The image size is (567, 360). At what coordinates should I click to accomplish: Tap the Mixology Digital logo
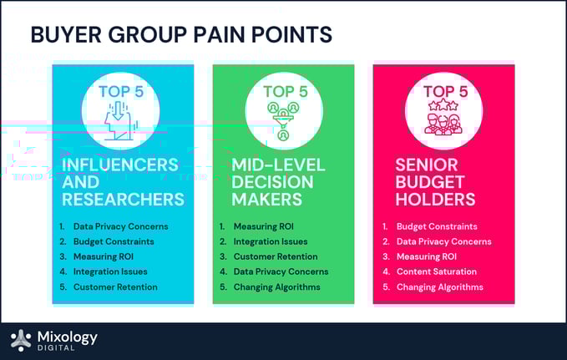(54, 340)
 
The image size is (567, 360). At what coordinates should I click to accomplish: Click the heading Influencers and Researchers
(122, 182)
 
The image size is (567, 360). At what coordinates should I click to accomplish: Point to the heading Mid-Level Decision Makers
(273, 182)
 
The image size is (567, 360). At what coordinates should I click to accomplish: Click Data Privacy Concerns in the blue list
(120, 226)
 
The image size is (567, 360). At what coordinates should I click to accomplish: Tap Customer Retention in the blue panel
(114, 286)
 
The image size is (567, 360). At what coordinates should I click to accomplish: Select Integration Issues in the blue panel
(110, 271)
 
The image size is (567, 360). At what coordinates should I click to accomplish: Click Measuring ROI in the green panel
(264, 226)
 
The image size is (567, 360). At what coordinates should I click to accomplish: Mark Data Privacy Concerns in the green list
(281, 271)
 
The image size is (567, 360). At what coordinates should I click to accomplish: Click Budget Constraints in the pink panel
(436, 226)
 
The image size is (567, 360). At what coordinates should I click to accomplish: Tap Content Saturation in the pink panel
(437, 271)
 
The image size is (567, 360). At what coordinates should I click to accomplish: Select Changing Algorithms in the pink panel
(439, 286)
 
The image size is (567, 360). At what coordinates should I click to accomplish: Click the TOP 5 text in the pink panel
(445, 91)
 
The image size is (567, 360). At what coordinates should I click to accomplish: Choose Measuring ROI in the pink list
(426, 256)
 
